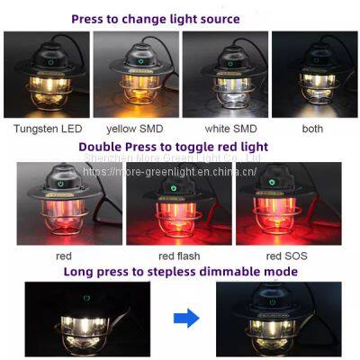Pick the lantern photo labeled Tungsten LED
pos(47,76)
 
